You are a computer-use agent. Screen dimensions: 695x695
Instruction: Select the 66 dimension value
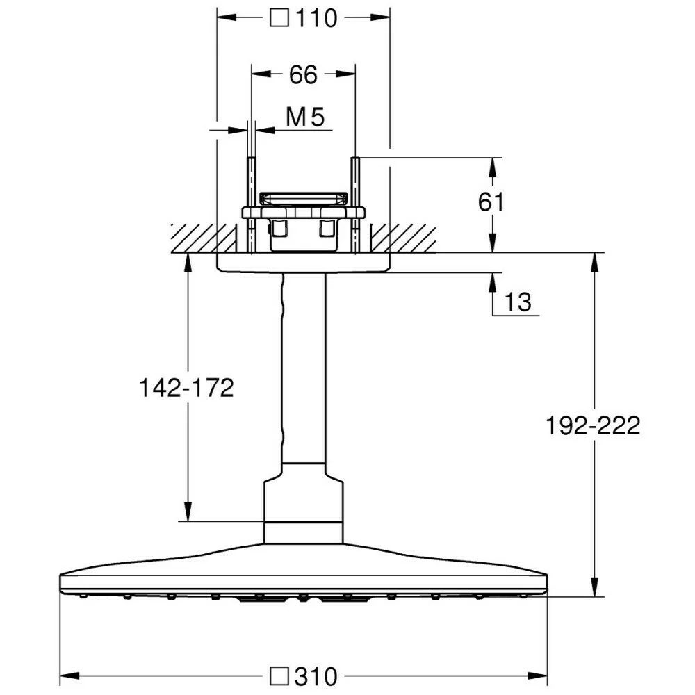point(303,74)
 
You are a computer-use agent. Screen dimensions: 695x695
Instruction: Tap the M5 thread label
point(305,118)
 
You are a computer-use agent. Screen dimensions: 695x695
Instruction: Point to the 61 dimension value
point(491,202)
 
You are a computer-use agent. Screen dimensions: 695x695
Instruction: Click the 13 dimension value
point(518,302)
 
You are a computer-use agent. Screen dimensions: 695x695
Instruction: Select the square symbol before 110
point(279,19)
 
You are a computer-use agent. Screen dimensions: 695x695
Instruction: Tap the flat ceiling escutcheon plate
point(303,262)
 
